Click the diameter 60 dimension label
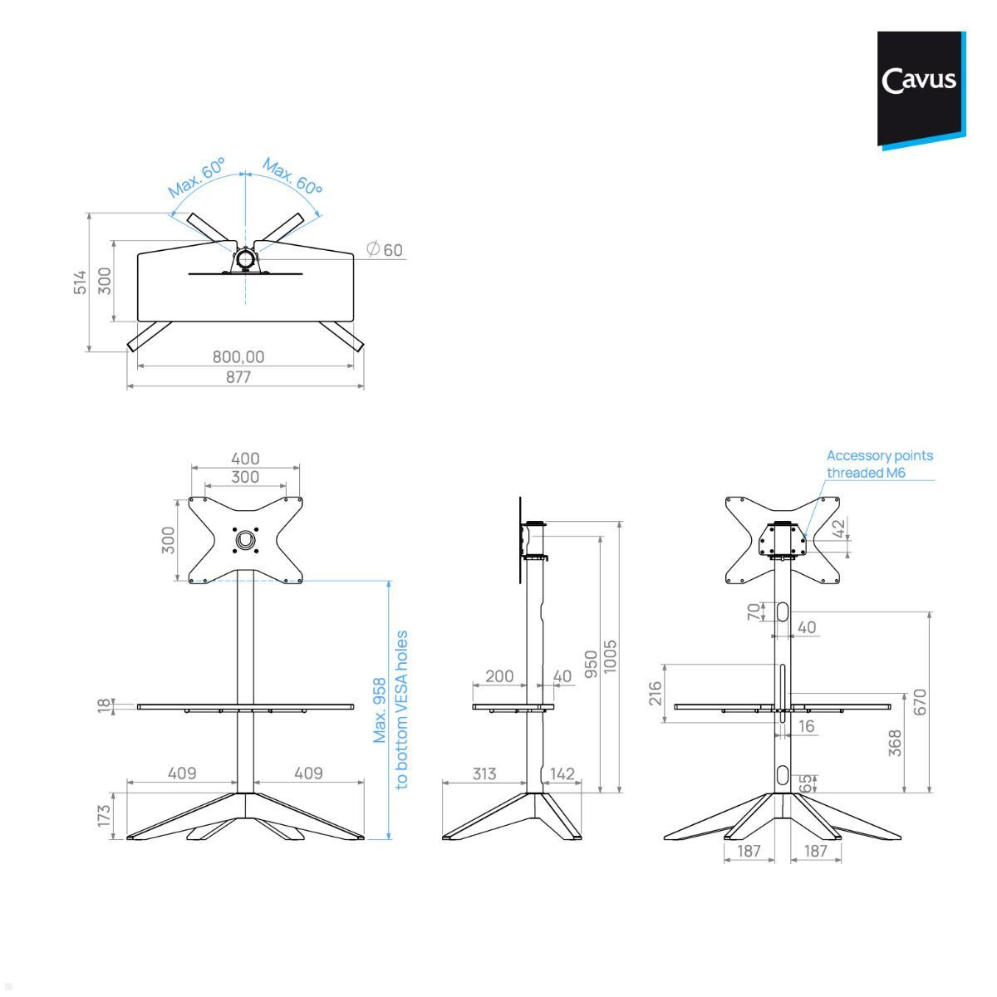(x=385, y=249)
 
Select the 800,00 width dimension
(x=238, y=356)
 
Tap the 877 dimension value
(x=238, y=376)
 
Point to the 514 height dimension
(x=80, y=281)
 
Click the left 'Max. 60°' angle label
(x=197, y=177)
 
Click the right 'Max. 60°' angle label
(x=292, y=177)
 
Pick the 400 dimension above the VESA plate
(x=245, y=458)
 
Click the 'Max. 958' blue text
(x=380, y=710)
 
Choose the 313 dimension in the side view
(x=484, y=774)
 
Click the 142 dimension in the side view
(x=562, y=774)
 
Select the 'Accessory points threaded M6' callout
(x=879, y=464)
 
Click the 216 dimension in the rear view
(x=654, y=693)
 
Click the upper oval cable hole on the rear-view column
(x=783, y=611)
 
